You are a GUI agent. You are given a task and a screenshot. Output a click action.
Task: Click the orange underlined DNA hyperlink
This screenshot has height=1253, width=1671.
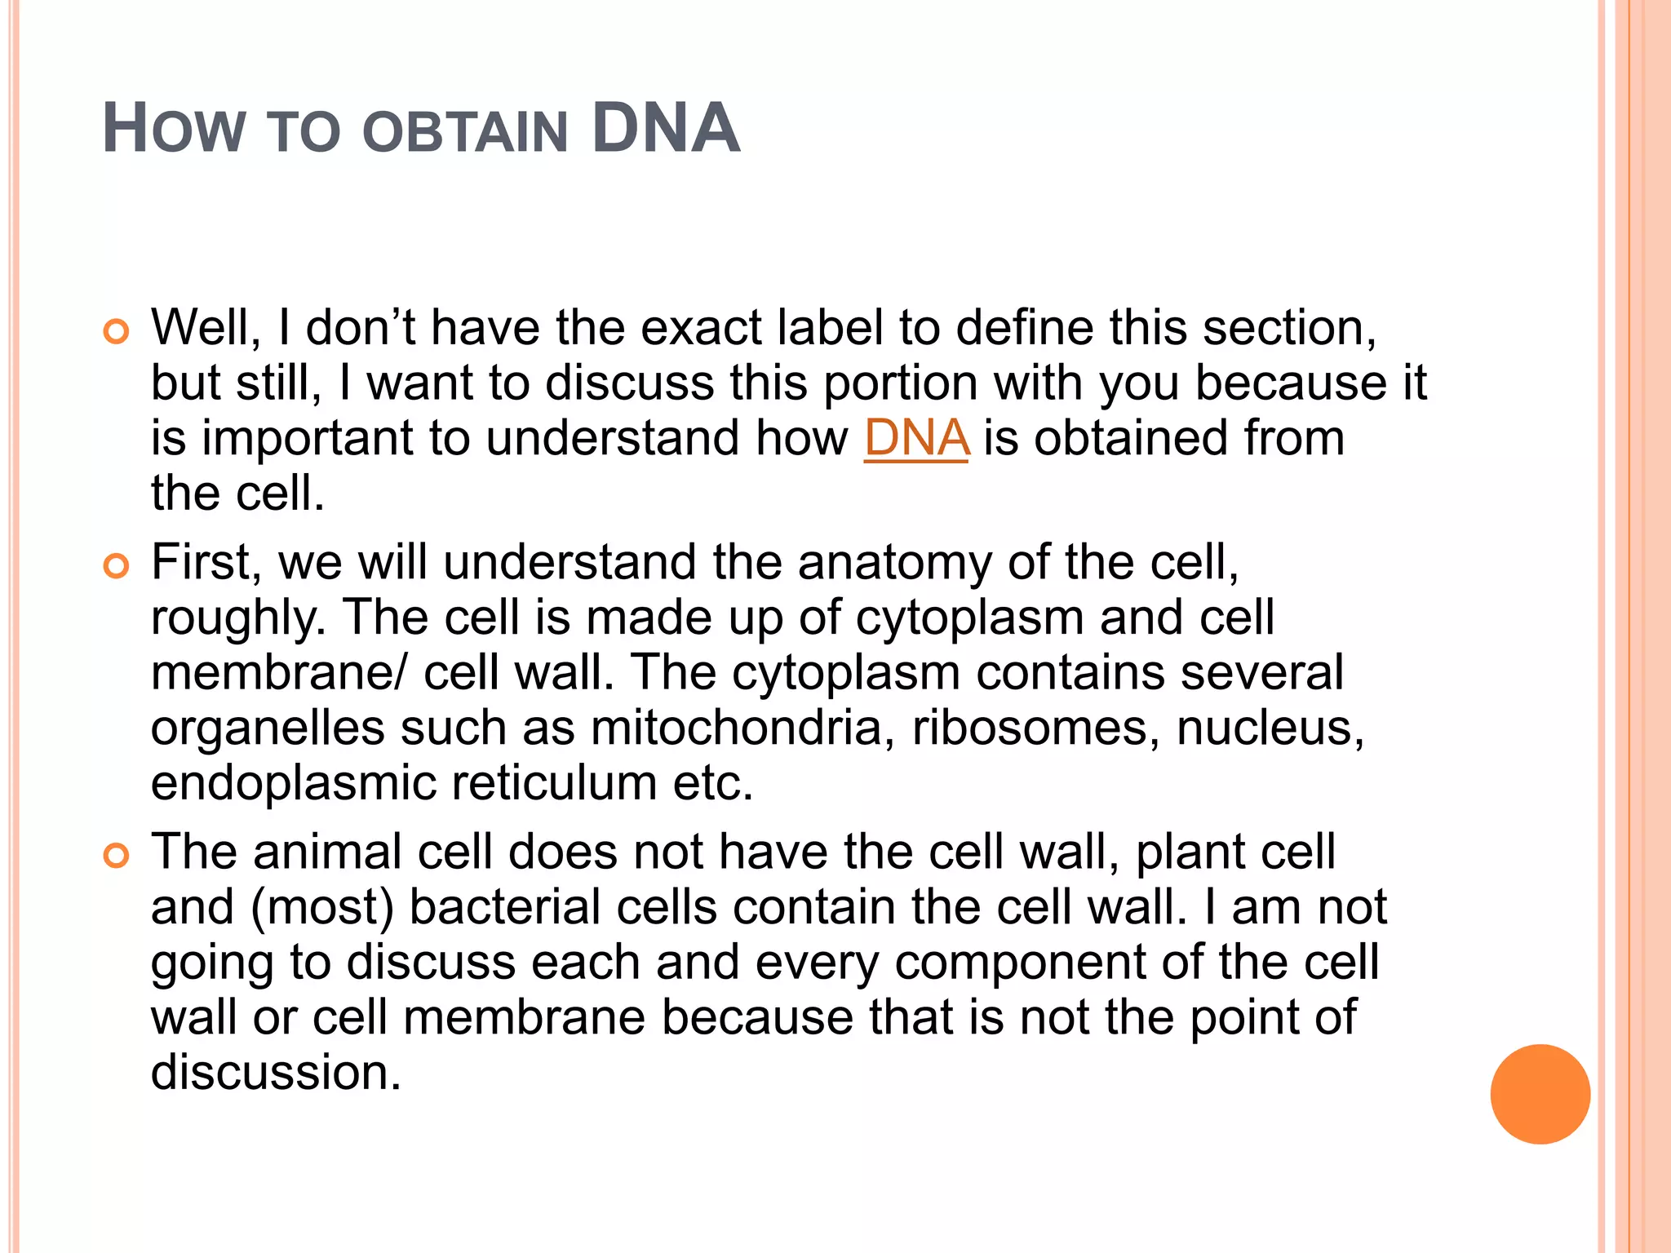pyautogui.click(x=916, y=438)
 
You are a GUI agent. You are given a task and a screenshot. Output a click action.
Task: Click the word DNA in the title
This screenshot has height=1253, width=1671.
pyautogui.click(x=665, y=128)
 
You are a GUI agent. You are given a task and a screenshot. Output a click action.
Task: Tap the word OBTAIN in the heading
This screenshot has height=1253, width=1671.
pyautogui.click(x=464, y=131)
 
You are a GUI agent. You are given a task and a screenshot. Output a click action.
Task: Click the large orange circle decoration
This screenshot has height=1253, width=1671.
pyautogui.click(x=1540, y=1094)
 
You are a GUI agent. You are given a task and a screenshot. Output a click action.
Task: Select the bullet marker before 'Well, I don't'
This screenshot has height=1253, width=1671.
pyautogui.click(x=117, y=332)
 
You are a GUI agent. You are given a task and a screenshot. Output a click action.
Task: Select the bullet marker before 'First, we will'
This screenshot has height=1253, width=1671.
pyautogui.click(x=117, y=566)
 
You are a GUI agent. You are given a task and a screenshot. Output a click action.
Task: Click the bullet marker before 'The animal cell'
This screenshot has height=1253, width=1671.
pyautogui.click(x=117, y=856)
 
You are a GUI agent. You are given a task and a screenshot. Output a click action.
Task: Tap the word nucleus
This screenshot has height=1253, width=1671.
pyautogui.click(x=1270, y=727)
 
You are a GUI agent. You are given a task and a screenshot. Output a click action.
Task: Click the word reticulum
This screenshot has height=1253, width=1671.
pyautogui.click(x=554, y=782)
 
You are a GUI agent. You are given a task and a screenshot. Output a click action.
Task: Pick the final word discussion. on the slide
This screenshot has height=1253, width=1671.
pyautogui.click(x=276, y=1072)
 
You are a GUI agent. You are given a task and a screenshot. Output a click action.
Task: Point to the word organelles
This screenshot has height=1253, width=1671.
pyautogui.click(x=268, y=727)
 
